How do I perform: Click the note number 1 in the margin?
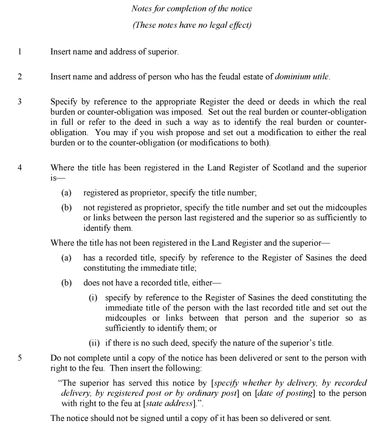pyautogui.click(x=19, y=52)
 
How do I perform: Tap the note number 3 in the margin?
pyautogui.click(x=19, y=101)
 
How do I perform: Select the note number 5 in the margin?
pyautogui.click(x=19, y=358)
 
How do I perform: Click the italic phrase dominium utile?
pyautogui.click(x=302, y=77)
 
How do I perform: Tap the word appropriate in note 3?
pyautogui.click(x=159, y=101)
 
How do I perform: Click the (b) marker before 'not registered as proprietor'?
pyautogui.click(x=67, y=207)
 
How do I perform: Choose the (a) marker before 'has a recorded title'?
pyautogui.click(x=67, y=257)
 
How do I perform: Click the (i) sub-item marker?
pyautogui.click(x=93, y=297)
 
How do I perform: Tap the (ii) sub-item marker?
pyautogui.click(x=94, y=342)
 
